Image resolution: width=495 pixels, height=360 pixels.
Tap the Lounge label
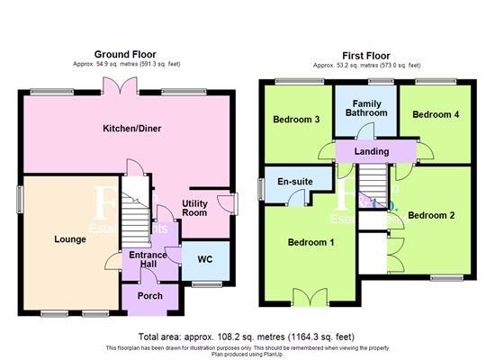[x=69, y=239]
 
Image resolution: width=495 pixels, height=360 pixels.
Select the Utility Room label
[x=194, y=208]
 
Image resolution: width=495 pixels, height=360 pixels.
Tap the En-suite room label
[x=295, y=183]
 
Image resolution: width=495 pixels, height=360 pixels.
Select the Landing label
[x=372, y=151]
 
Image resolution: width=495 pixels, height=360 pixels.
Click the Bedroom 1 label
[x=311, y=243]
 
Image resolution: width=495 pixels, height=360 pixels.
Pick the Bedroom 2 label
[x=432, y=216]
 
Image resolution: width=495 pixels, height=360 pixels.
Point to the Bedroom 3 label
[x=295, y=120]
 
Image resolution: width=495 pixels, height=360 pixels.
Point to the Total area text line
[x=247, y=337]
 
